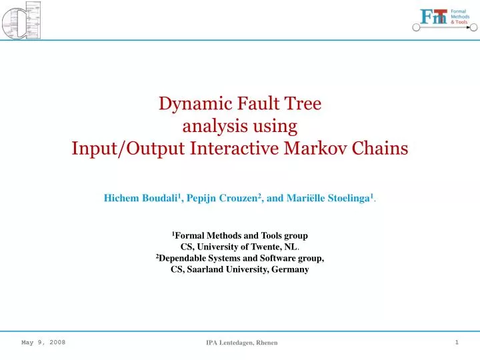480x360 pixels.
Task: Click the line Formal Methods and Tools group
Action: coord(241,236)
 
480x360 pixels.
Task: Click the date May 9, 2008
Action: coord(43,342)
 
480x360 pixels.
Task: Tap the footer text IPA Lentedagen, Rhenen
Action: coord(241,343)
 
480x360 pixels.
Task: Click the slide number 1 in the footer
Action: coord(457,342)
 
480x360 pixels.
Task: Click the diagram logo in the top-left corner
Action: coord(22,20)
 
